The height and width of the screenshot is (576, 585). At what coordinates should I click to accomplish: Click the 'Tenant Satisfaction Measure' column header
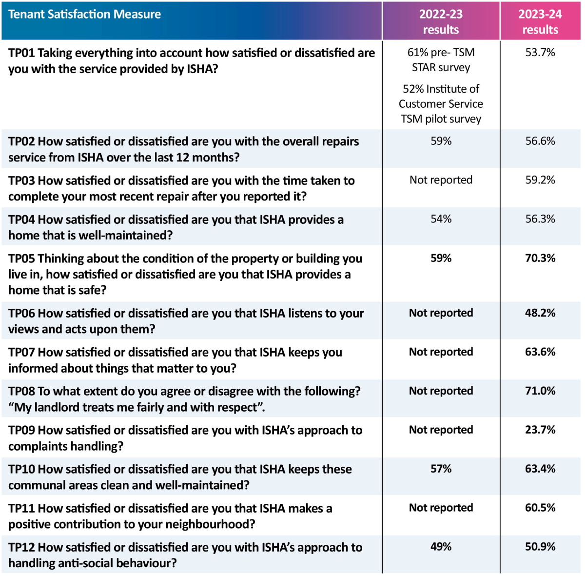(84, 15)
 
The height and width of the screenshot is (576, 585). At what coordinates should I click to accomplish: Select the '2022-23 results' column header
(441, 22)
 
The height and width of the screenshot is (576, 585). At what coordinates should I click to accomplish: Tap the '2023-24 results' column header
(540, 22)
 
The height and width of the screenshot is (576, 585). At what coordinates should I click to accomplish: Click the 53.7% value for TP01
(540, 53)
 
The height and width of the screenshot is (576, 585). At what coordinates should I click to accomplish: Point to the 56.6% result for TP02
(540, 141)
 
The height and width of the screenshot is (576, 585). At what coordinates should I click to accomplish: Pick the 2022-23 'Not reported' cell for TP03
(441, 180)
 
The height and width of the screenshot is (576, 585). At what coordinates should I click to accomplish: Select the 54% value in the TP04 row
(441, 219)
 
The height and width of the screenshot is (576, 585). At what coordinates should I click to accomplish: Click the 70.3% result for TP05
(540, 258)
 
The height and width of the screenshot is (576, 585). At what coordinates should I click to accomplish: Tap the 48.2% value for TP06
(540, 313)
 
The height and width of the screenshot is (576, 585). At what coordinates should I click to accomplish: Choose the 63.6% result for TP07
(540, 352)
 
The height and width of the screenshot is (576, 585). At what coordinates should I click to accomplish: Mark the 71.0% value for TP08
(540, 391)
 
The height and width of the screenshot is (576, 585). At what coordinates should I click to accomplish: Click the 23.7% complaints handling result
(540, 430)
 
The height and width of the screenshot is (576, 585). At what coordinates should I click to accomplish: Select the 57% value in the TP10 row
(441, 469)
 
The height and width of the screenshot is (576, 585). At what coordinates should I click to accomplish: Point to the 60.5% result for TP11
(540, 508)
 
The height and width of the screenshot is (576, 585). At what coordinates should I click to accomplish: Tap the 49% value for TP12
(441, 547)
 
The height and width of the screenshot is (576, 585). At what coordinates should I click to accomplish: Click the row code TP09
(21, 431)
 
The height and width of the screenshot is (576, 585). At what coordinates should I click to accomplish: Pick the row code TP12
(21, 548)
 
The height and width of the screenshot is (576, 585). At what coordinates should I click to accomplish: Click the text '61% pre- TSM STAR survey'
(441, 60)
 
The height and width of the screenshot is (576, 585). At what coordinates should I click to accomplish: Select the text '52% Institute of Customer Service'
(441, 96)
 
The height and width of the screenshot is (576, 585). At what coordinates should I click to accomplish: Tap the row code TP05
(21, 259)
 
